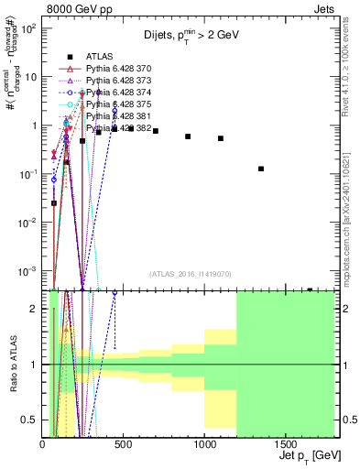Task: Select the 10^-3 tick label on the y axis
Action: pos(27,272)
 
